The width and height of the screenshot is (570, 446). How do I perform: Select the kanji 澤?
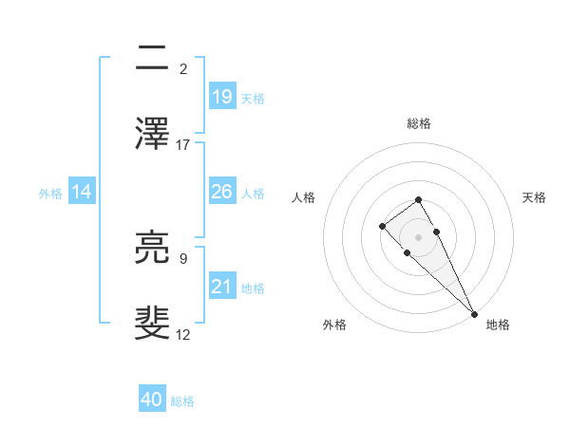coord(153,134)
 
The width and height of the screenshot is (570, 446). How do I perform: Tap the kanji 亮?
coord(153,249)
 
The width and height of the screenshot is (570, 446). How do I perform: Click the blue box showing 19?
coord(222,97)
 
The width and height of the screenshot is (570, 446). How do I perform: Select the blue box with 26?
coord(222,192)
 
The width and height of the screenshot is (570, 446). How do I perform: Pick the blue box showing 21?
coord(222,287)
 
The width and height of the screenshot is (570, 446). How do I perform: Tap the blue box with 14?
coord(82,192)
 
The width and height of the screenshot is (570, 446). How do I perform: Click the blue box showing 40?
coord(152,400)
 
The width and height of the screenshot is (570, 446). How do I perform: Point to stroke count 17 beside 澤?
coord(183,145)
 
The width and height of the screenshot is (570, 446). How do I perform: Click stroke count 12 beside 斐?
coord(183,335)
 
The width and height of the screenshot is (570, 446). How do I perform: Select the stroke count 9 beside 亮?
coord(183,258)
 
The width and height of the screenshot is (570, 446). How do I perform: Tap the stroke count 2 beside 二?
coord(183,69)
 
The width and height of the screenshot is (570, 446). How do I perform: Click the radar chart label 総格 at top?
coord(418,123)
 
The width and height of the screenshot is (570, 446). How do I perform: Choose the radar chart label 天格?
coord(534,197)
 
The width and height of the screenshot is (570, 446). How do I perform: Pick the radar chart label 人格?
coord(304,197)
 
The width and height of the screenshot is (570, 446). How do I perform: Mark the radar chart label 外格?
coord(334,325)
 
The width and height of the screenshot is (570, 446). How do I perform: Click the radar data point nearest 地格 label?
coord(474,313)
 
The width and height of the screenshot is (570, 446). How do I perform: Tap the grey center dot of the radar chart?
coord(418,237)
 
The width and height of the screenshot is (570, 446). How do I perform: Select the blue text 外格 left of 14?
coord(50,193)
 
